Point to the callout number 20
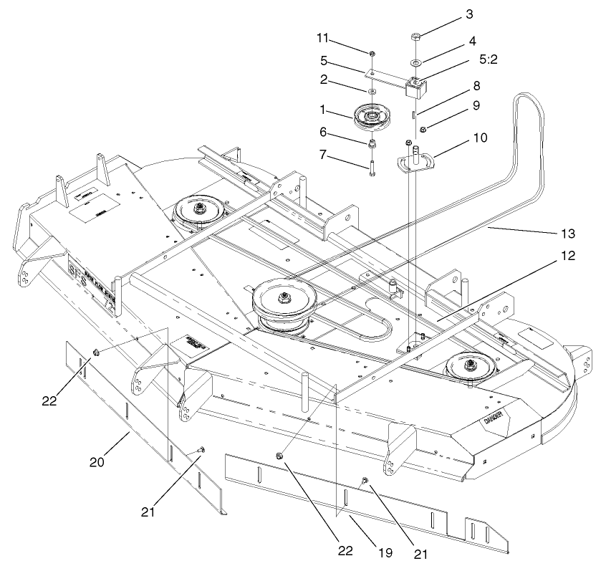pos(98,462)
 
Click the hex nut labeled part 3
pos(417,37)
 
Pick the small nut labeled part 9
pos(424,129)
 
